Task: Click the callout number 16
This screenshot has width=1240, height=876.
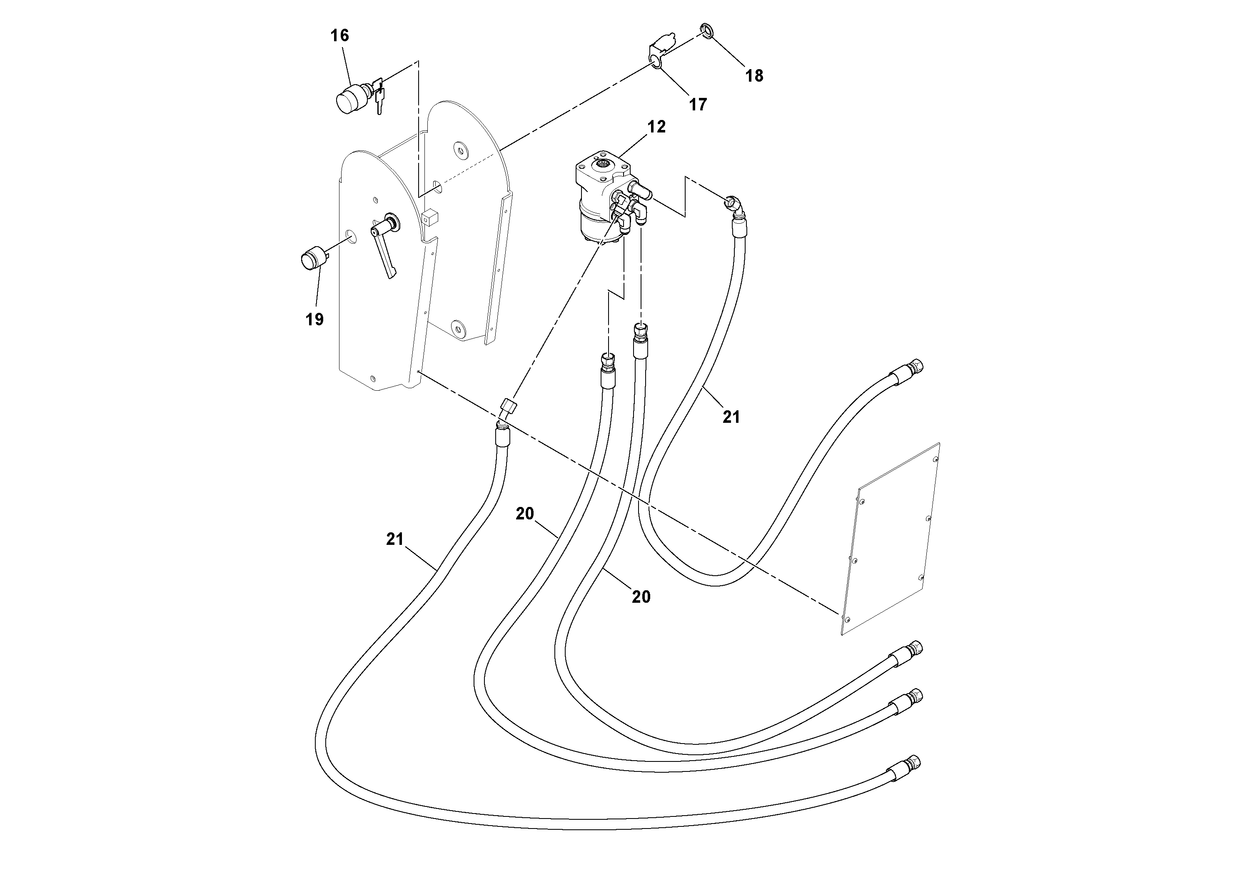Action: (340, 36)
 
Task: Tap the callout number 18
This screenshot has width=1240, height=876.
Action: (754, 76)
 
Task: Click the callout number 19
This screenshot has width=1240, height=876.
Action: (314, 320)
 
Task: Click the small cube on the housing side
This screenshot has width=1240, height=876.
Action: (429, 217)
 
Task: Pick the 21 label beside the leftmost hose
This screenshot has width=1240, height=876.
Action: (395, 539)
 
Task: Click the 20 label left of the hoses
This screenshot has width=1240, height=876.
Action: (524, 514)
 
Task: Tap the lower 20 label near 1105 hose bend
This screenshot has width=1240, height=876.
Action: (641, 597)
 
